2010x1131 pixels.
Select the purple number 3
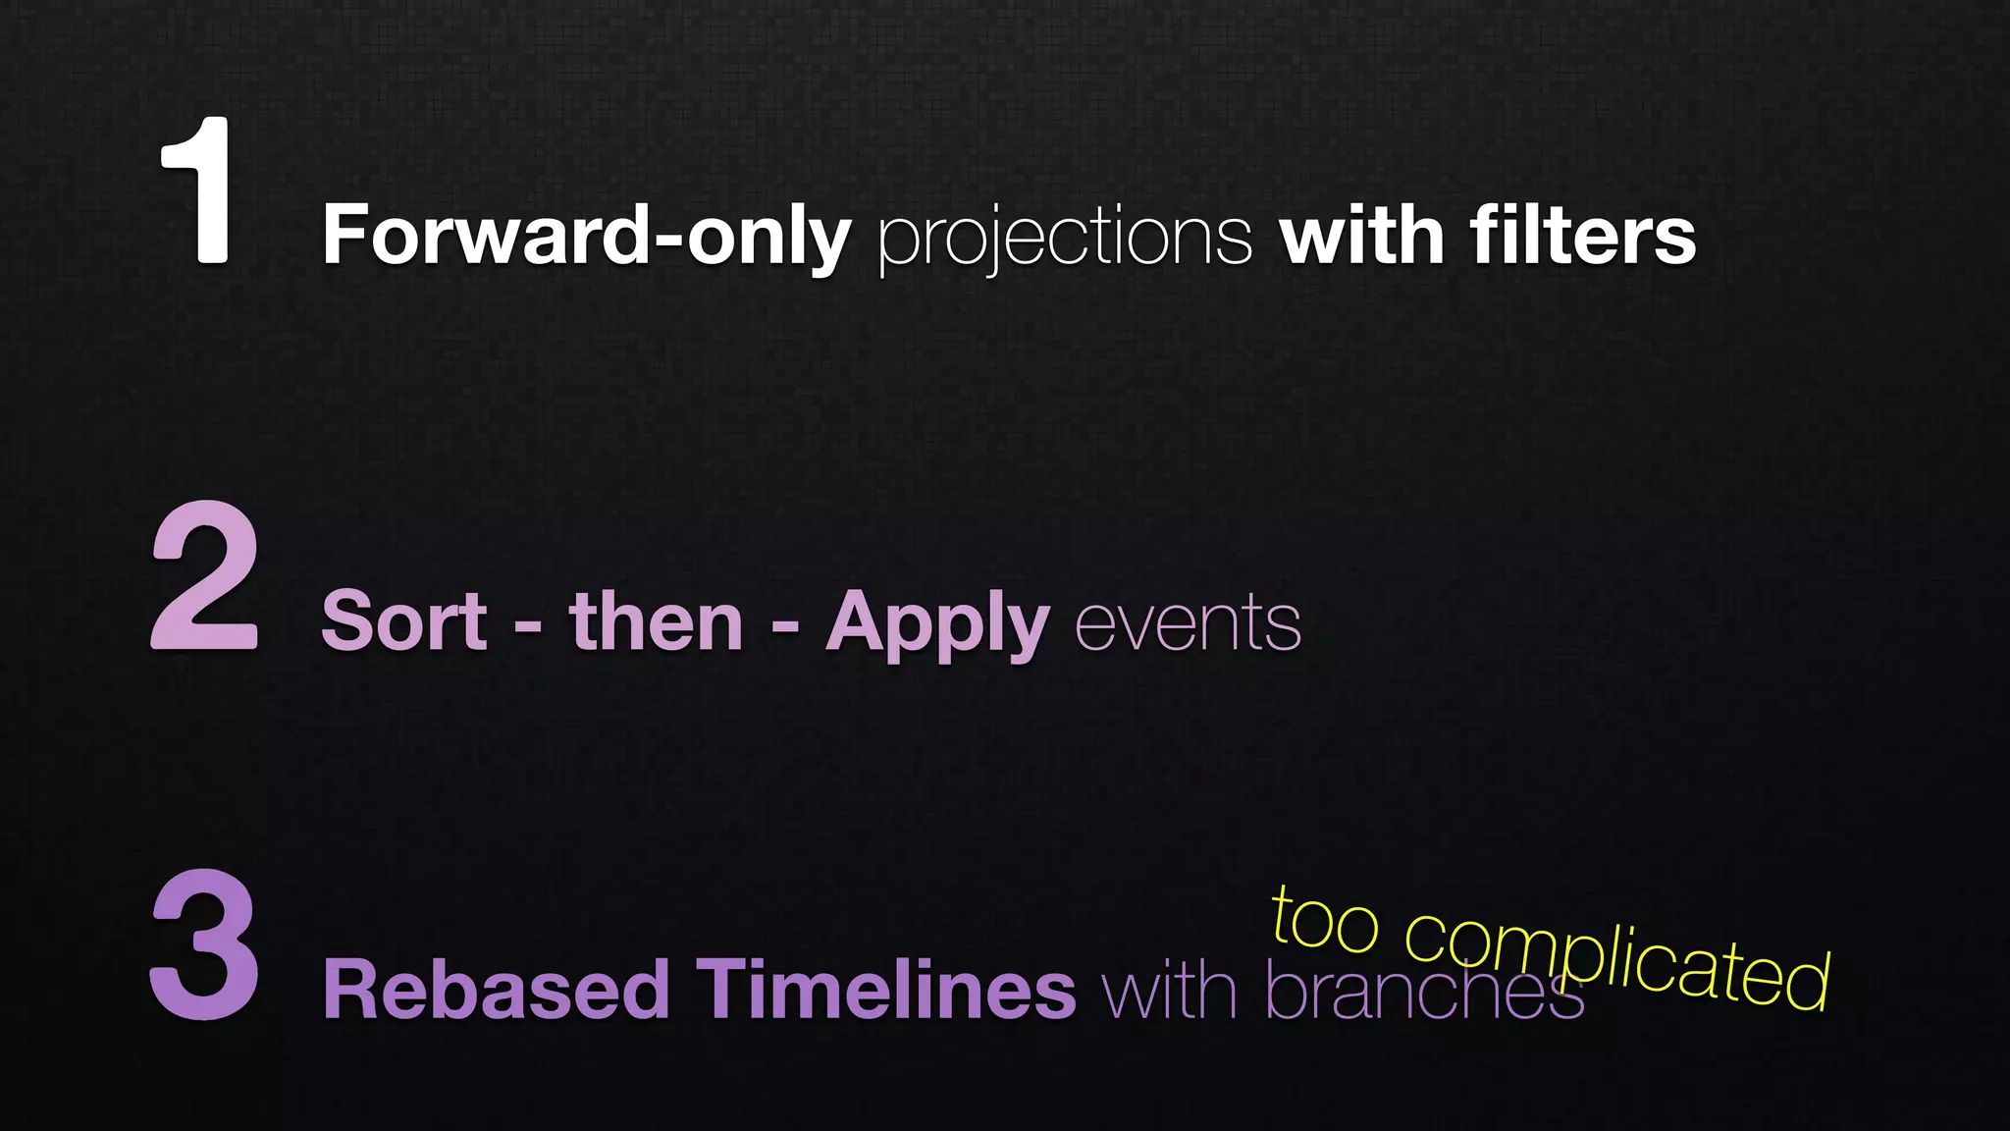[x=205, y=944]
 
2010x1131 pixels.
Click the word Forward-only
[x=586, y=236]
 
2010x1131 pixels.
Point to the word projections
[x=1065, y=238]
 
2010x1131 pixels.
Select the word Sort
[x=403, y=620]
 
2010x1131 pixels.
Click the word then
[x=656, y=620]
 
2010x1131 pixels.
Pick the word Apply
[x=937, y=624]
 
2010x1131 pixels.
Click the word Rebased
[x=495, y=990]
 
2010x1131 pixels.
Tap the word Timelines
[x=885, y=990]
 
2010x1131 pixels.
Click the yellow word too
[x=1325, y=919]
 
